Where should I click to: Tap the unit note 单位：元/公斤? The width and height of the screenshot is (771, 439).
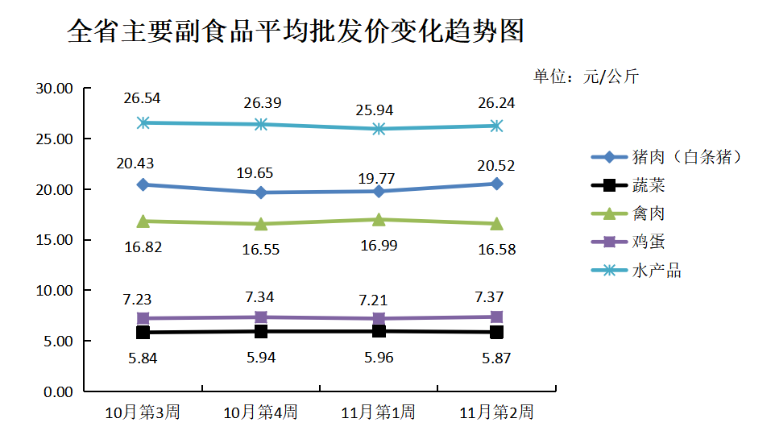tap(586, 77)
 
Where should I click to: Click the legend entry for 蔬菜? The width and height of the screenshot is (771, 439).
tap(649, 186)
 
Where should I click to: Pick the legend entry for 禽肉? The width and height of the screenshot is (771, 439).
tap(649, 213)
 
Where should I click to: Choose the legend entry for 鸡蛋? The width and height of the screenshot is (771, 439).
tap(649, 242)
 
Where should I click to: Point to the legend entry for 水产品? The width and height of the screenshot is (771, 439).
tap(657, 271)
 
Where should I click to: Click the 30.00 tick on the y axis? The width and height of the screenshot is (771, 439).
tap(55, 89)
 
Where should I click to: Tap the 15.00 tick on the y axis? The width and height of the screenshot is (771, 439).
tap(55, 240)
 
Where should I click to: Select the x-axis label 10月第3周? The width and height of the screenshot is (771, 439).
tap(143, 412)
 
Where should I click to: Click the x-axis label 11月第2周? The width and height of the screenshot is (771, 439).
tap(496, 412)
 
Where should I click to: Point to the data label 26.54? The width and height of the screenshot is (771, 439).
tap(143, 98)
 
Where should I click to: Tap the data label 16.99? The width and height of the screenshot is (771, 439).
tap(379, 245)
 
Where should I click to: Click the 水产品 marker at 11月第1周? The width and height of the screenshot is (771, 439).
tap(379, 129)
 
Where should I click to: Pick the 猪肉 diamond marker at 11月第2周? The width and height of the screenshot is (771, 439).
tap(496, 184)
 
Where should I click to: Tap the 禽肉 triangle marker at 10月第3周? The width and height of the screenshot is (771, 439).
tap(143, 221)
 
